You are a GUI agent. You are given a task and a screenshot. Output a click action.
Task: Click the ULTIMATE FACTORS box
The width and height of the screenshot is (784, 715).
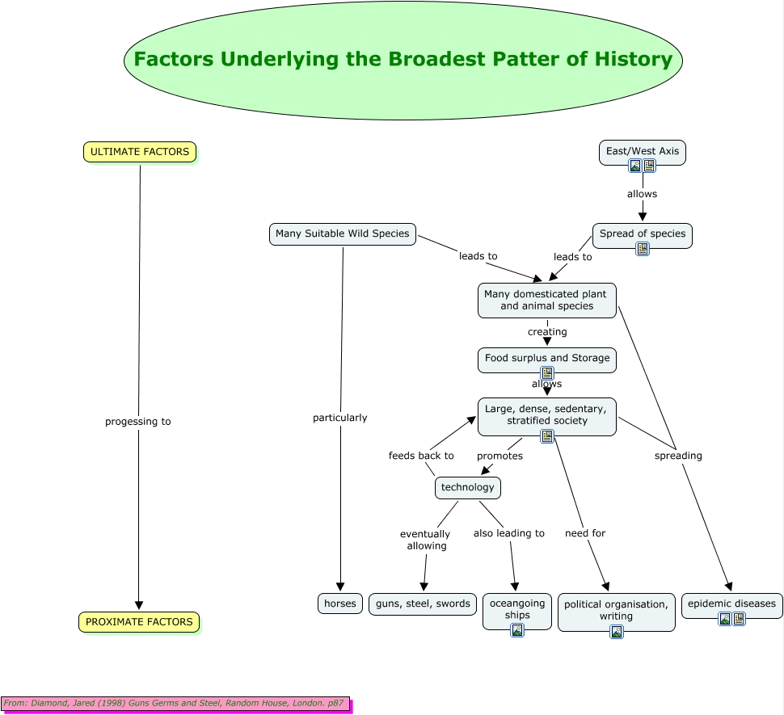coord(140,152)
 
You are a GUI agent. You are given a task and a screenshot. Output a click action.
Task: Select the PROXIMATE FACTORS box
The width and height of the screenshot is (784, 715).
coord(139,622)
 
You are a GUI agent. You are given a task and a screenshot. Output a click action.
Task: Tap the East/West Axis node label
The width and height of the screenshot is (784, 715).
coord(643,151)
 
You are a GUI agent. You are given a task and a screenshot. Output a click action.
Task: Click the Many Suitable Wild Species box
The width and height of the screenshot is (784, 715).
coord(343,234)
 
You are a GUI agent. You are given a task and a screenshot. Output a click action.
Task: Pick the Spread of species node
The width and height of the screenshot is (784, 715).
coord(643,233)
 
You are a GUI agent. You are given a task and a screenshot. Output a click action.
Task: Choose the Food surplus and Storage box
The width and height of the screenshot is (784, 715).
coord(547,358)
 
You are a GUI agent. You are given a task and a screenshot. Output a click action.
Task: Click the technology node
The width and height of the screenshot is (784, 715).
coord(468,487)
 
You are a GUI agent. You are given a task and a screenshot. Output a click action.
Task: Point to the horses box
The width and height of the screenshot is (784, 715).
coord(340,604)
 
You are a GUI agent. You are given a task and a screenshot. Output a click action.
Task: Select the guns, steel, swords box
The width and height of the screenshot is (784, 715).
coord(423,604)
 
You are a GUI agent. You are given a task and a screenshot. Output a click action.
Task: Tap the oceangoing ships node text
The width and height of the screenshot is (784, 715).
coord(517,609)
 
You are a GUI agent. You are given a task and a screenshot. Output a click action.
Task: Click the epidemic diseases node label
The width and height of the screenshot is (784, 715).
coord(731,604)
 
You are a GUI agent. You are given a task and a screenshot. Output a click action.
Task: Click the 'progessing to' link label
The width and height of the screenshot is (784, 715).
coord(138,422)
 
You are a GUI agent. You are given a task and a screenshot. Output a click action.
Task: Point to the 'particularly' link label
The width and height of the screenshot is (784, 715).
coord(340,418)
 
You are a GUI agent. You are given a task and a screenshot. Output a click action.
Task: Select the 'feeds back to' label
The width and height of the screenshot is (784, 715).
coord(421,456)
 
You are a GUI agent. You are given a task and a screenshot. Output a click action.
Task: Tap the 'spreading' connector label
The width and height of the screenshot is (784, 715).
coord(678,456)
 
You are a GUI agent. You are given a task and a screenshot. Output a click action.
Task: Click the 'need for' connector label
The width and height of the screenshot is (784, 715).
coord(585,533)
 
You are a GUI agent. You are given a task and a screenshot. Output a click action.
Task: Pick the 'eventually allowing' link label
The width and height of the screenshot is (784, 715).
coord(426,540)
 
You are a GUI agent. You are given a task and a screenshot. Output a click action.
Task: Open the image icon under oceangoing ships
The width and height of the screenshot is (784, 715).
coord(517,630)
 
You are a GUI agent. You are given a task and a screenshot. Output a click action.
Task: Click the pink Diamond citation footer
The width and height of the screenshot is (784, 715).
coord(175,704)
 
